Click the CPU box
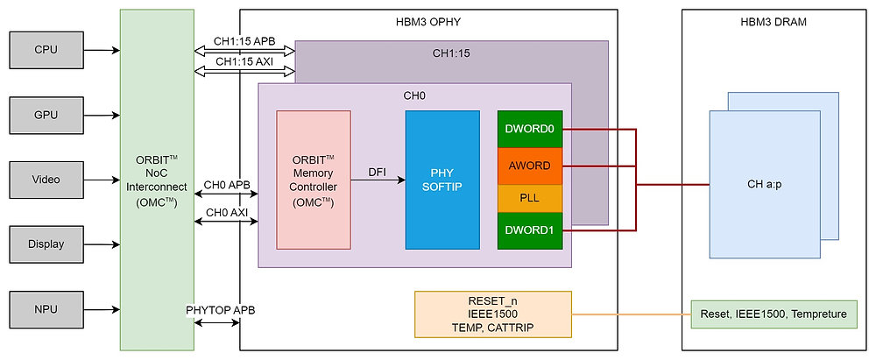(x=46, y=50)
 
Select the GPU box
(x=46, y=115)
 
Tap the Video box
(x=46, y=180)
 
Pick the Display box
(x=46, y=244)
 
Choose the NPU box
(x=46, y=309)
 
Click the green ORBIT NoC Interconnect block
(x=157, y=180)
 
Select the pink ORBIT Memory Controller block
(x=314, y=180)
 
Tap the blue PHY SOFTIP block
(x=442, y=180)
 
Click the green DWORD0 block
(x=529, y=130)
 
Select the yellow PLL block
(x=529, y=199)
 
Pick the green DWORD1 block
(x=529, y=231)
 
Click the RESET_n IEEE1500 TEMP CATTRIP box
(x=492, y=314)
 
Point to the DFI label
(x=378, y=173)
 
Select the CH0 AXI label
(x=226, y=213)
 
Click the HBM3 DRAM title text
(x=774, y=21)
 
